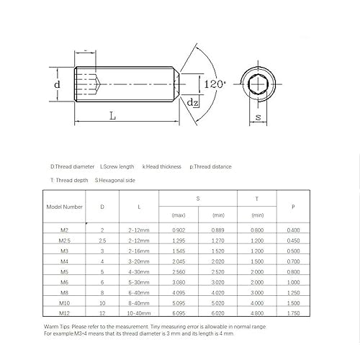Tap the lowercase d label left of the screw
(x=58, y=86)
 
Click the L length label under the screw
(x=114, y=115)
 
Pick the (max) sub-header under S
(x=179, y=215)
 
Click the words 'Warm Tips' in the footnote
(x=57, y=327)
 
